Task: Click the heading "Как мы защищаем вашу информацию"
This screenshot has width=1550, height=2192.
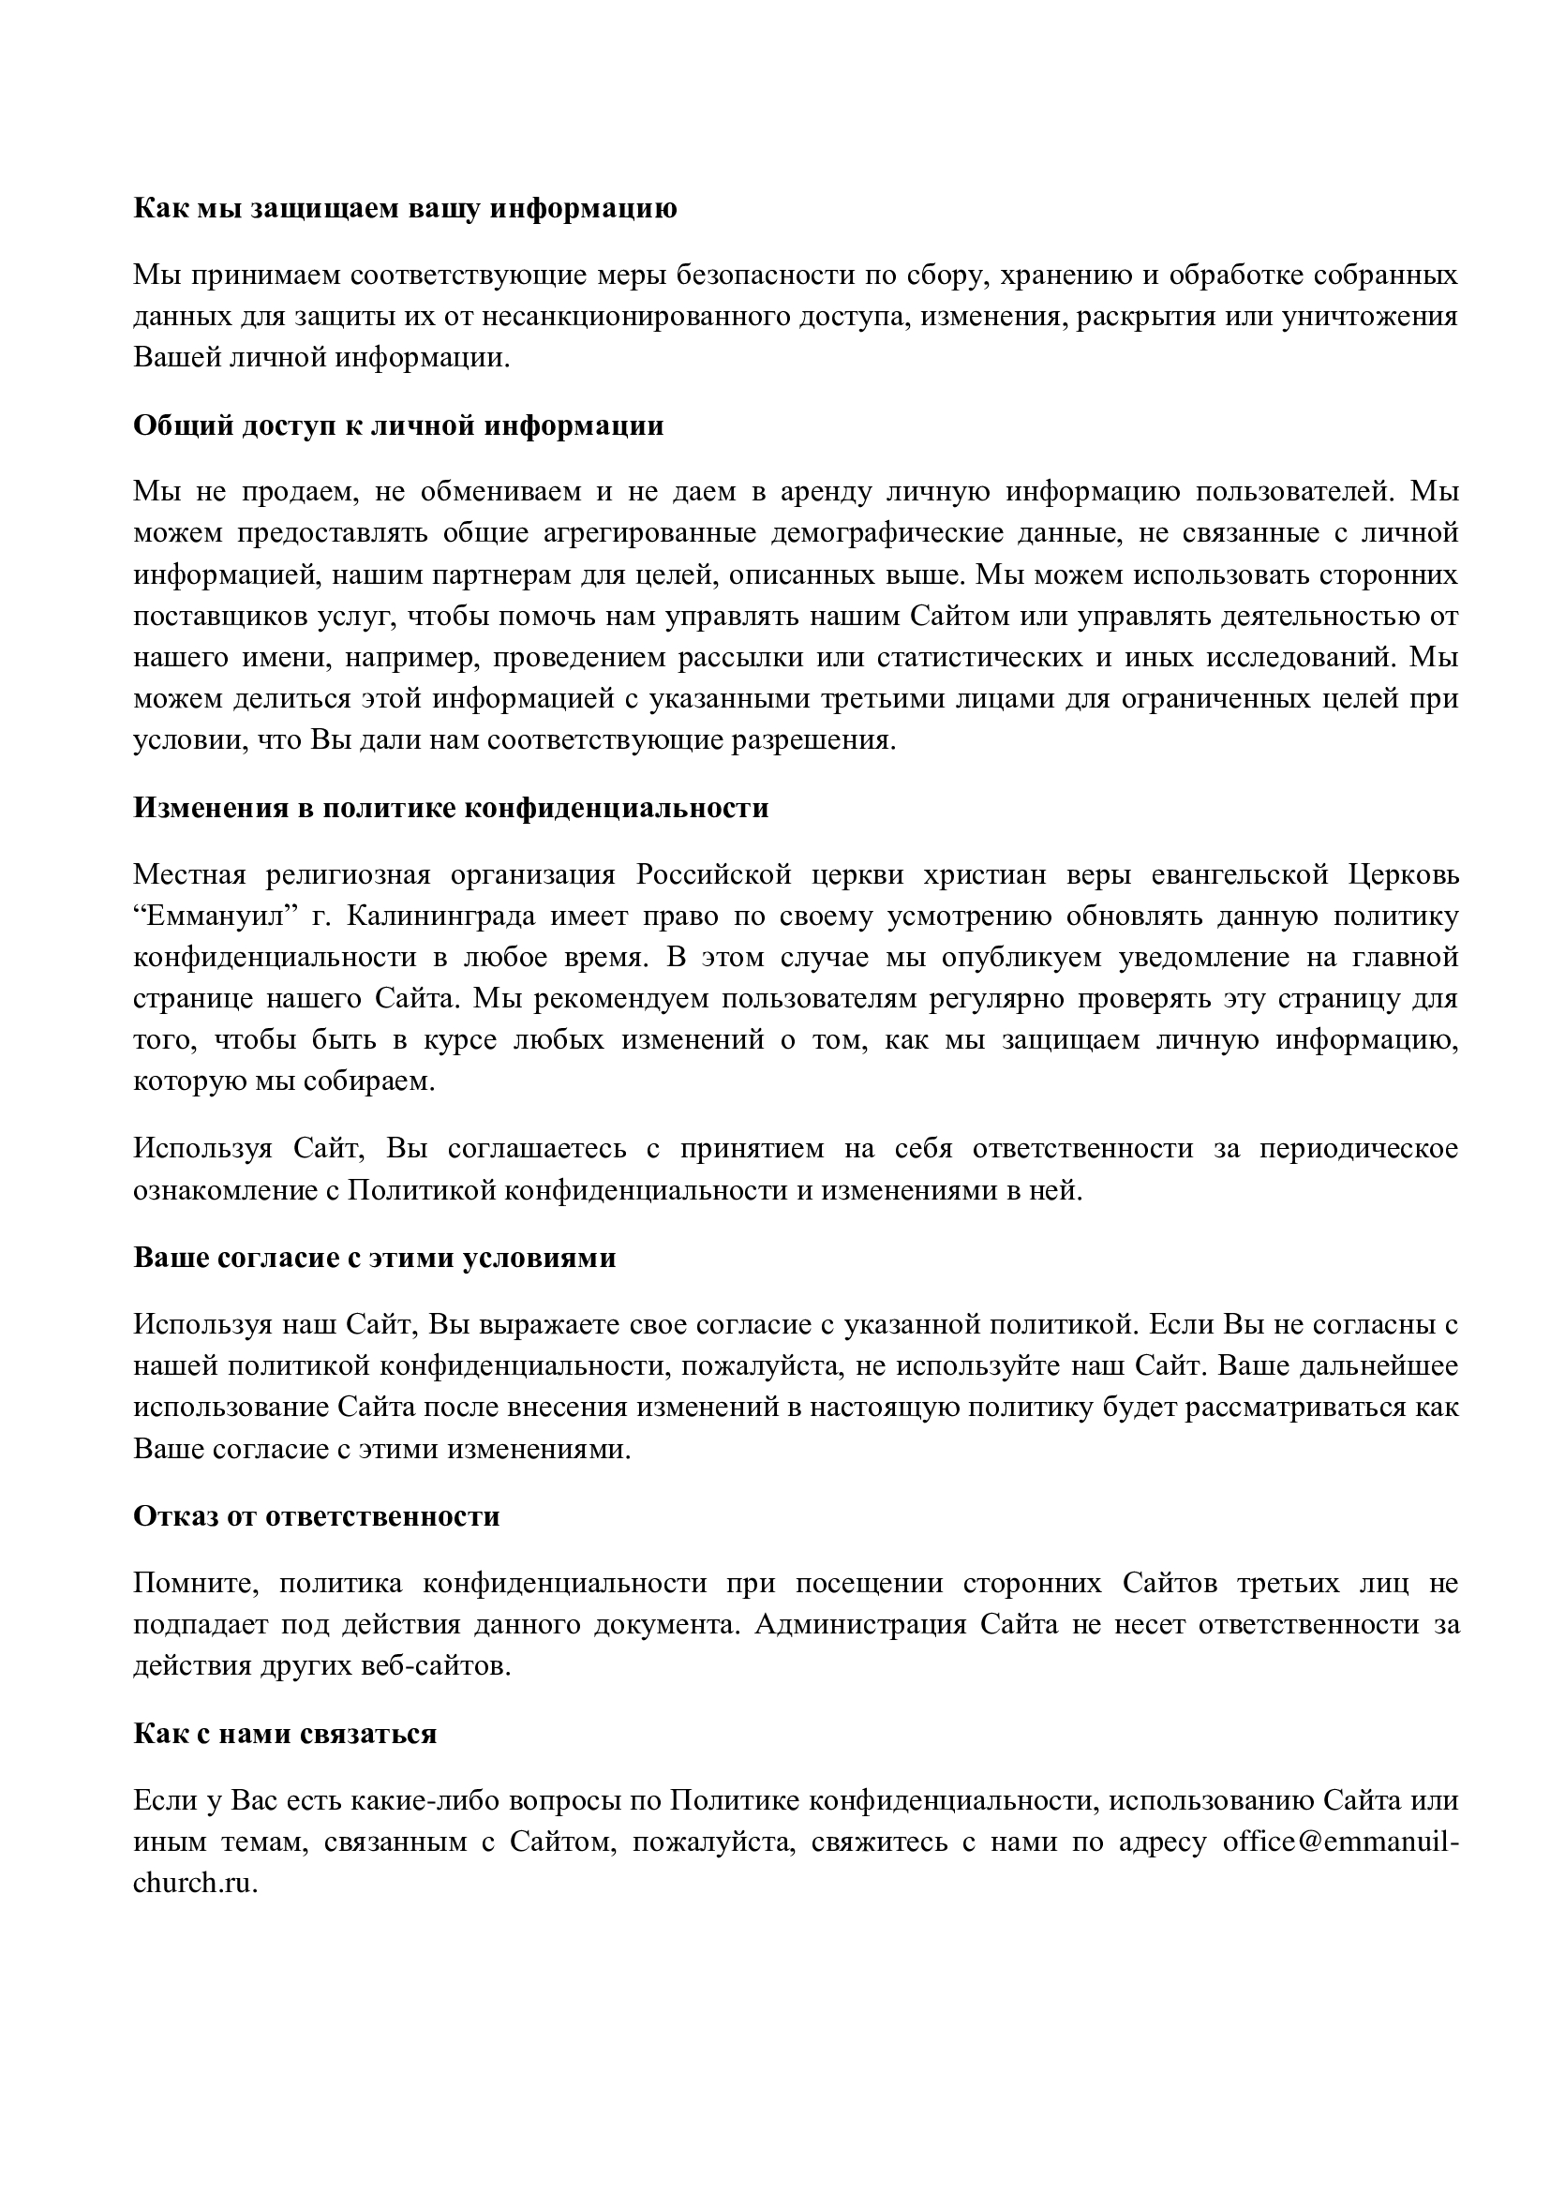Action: pyautogui.click(x=405, y=208)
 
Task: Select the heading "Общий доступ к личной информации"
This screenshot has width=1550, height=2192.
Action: pyautogui.click(x=398, y=425)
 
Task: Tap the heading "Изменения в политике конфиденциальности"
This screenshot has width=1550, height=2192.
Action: pyautogui.click(x=451, y=808)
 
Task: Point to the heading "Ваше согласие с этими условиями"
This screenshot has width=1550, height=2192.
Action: pyautogui.click(x=374, y=1258)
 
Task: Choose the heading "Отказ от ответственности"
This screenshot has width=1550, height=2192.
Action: pyautogui.click(x=316, y=1516)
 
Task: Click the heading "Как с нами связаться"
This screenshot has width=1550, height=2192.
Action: pyautogui.click(x=285, y=1733)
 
